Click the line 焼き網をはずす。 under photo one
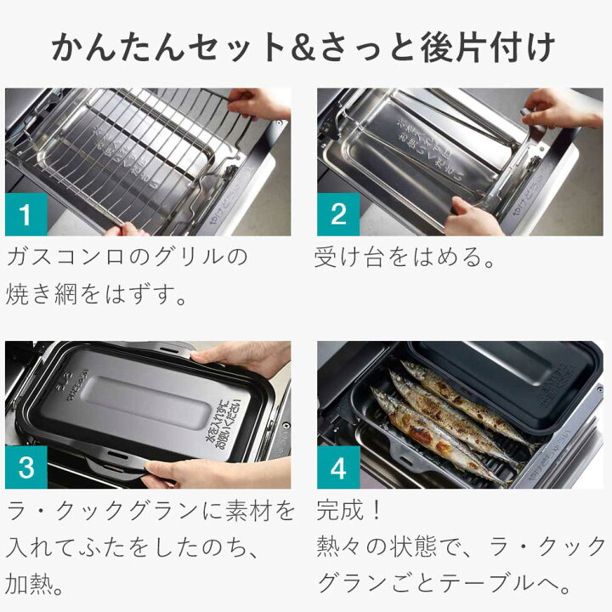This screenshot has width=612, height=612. pyautogui.click(x=97, y=295)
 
